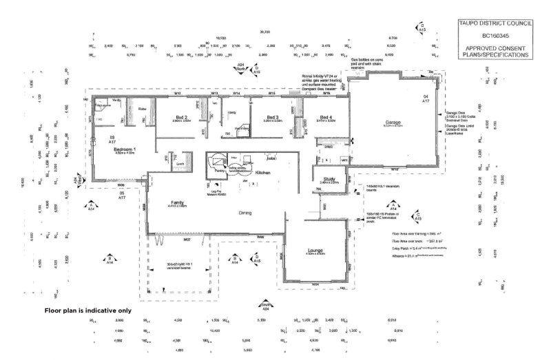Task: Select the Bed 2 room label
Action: click(182, 117)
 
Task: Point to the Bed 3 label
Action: click(271, 117)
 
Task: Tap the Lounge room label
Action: click(316, 251)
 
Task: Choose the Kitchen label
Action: click(264, 173)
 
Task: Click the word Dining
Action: click(245, 213)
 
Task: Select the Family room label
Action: click(178, 202)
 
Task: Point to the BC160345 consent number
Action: click(495, 35)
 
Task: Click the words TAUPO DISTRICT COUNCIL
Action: click(495, 23)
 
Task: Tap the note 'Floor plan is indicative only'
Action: click(87, 311)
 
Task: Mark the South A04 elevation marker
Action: click(264, 306)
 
